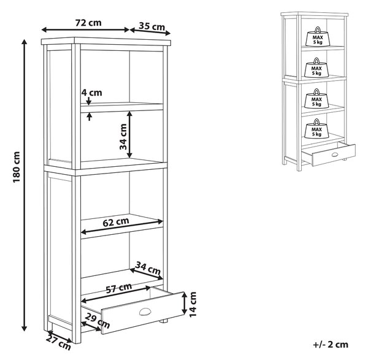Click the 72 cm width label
point(88,23)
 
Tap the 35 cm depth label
point(152,26)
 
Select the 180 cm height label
point(17,167)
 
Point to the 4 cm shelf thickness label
point(91,93)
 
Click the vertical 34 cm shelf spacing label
point(123,137)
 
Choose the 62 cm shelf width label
point(116,222)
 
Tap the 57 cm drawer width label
point(119,288)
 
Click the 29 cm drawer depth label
point(97,321)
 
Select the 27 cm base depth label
point(58,343)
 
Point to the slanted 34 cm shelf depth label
point(148,269)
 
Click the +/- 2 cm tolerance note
point(331,345)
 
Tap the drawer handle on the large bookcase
point(144,312)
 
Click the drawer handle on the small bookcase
point(335,154)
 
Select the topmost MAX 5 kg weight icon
point(318,37)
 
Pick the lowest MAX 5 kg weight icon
point(316,128)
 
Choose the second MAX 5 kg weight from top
point(316,67)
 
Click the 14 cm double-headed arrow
point(185,303)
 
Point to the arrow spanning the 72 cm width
point(85,30)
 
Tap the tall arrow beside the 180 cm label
point(24,185)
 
